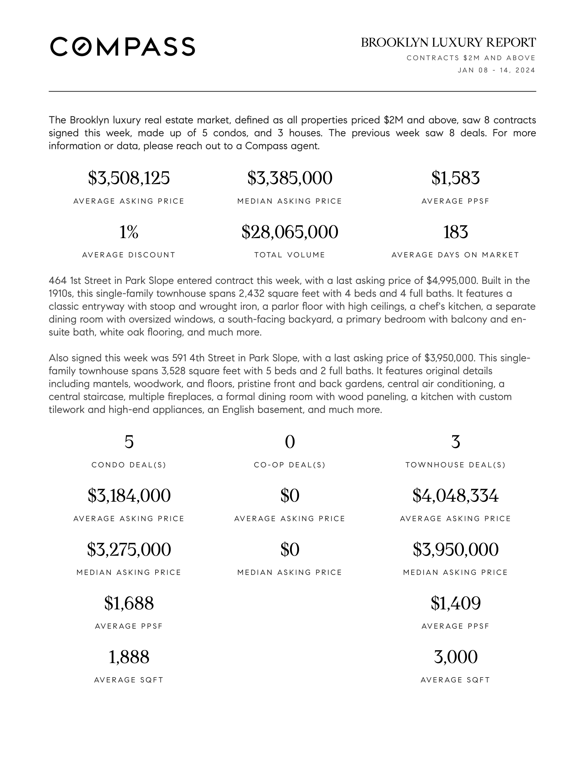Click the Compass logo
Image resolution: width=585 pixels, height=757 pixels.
click(x=123, y=46)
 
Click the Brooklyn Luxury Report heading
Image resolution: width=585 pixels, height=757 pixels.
click(x=448, y=43)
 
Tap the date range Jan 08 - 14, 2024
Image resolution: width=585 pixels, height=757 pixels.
click(x=496, y=70)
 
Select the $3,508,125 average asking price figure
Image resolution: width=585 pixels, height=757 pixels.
click(x=129, y=178)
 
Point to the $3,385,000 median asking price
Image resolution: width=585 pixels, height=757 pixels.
click(x=290, y=178)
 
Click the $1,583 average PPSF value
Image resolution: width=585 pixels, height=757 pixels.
click(x=455, y=178)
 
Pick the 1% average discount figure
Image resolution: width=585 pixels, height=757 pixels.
click(x=129, y=232)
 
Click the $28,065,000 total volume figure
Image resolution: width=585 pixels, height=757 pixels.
click(x=290, y=232)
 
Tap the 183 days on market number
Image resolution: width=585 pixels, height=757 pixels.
click(x=455, y=232)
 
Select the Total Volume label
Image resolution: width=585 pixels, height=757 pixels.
click(x=290, y=255)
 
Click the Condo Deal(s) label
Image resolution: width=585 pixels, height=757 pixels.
click(x=129, y=465)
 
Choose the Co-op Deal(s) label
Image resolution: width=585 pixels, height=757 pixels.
click(x=290, y=465)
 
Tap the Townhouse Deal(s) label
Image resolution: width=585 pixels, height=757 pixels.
click(x=455, y=465)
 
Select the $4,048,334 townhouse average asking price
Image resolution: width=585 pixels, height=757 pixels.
click(x=455, y=495)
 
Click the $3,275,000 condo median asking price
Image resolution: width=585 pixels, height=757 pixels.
click(x=129, y=550)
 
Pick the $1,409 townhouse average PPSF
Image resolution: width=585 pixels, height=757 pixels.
click(x=455, y=603)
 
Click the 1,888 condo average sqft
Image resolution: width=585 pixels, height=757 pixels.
click(x=129, y=657)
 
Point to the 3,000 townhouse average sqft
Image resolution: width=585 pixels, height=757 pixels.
click(x=455, y=657)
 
